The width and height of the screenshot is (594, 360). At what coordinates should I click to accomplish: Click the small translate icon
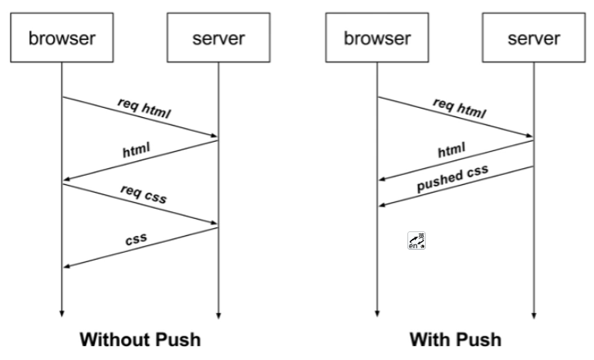point(416,241)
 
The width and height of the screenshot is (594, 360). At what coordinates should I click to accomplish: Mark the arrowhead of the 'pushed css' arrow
point(381,205)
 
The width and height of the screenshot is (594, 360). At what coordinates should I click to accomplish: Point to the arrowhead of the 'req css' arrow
point(214,225)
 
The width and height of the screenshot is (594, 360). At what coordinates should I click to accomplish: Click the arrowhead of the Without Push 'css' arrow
point(66,267)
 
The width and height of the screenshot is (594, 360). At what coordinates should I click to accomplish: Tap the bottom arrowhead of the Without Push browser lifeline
point(62,314)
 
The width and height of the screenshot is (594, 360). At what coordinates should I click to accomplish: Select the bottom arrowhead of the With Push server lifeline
point(533,314)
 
